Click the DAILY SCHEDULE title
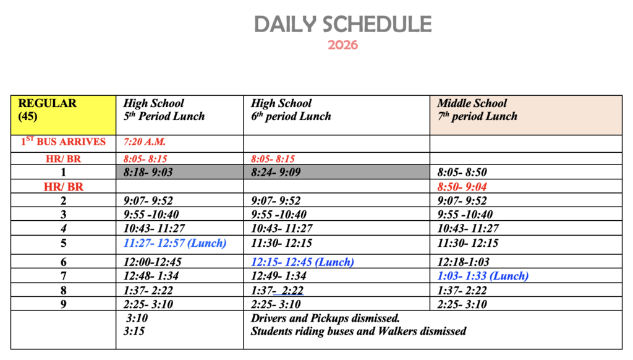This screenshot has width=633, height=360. click(x=342, y=24)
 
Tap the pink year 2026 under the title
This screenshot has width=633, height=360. click(x=342, y=45)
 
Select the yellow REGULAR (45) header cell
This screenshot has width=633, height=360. click(x=63, y=115)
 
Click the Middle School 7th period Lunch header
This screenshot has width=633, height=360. click(x=477, y=109)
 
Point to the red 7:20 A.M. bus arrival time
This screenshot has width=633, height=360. click(x=145, y=142)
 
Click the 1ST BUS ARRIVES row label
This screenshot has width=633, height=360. click(x=63, y=142)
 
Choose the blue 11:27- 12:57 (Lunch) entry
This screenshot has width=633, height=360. click(x=175, y=243)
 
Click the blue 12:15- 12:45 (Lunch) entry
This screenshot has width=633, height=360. click(x=302, y=262)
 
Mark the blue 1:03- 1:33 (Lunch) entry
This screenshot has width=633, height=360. click(x=483, y=276)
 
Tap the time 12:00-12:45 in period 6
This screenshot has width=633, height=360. click(x=153, y=262)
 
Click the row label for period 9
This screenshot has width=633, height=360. click(x=63, y=304)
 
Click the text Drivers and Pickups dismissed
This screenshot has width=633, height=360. click(x=325, y=319)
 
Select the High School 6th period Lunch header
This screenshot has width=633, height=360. click(x=291, y=109)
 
